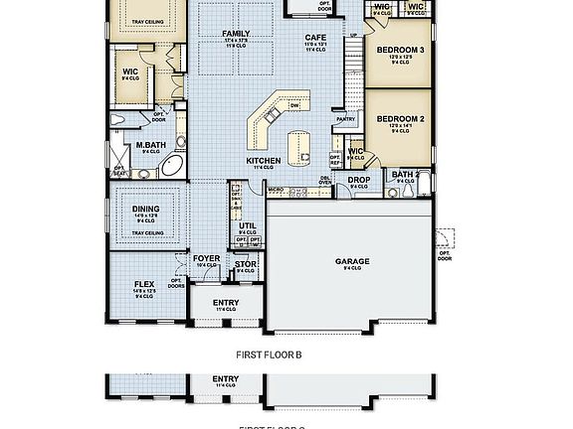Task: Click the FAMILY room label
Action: point(236,34)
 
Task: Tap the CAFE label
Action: point(315,38)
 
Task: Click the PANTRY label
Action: point(346,119)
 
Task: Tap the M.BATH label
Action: point(150,145)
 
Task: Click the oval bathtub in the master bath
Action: point(171,165)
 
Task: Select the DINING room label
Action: point(146,210)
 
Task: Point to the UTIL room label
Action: point(248,225)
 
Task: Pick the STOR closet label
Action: point(246,264)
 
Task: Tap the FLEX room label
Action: point(144,284)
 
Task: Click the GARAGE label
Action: point(351,261)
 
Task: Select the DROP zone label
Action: point(358,180)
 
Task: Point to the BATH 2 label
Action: point(404,174)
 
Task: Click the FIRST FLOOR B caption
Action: point(269,354)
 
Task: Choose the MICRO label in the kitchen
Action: point(276,187)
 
